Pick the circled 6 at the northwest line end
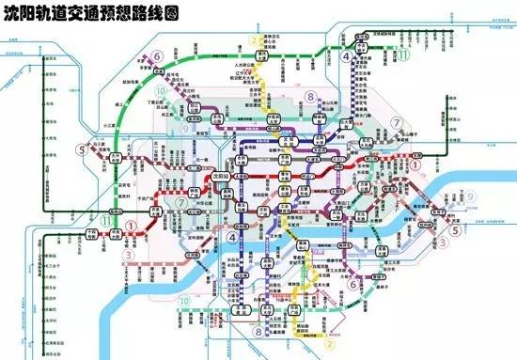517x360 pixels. click(158, 57)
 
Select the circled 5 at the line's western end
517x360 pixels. click(84, 149)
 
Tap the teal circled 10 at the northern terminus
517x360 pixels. click(162, 91)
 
